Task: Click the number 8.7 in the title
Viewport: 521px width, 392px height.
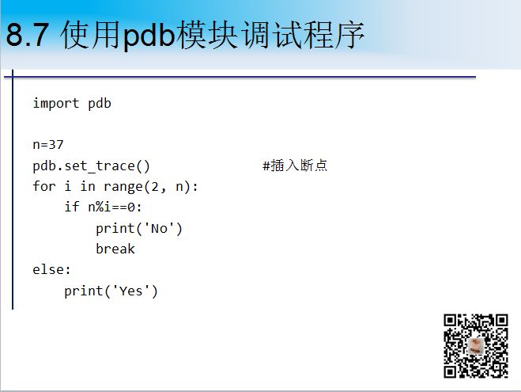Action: click(28, 35)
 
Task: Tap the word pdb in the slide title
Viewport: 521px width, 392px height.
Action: click(149, 36)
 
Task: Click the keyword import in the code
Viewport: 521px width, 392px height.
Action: click(56, 104)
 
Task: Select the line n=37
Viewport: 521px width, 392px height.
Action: click(48, 145)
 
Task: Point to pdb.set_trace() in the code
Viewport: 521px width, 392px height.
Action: click(92, 166)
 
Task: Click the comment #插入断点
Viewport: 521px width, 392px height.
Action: click(295, 166)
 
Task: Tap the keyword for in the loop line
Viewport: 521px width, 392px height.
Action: click(43, 186)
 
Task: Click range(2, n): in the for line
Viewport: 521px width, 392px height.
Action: click(150, 187)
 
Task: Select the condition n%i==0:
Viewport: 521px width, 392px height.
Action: click(115, 207)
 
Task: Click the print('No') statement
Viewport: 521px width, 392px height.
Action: click(139, 229)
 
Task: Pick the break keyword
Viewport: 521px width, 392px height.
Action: click(115, 249)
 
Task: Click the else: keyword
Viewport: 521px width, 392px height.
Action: click(51, 269)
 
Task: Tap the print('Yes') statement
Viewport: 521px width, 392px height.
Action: click(111, 291)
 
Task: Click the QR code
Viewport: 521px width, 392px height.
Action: click(476, 346)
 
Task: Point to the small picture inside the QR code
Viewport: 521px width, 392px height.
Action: click(475, 346)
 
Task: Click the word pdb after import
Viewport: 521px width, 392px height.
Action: click(100, 104)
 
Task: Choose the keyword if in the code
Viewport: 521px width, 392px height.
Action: click(72, 207)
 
